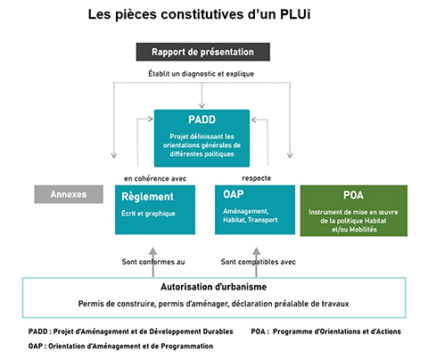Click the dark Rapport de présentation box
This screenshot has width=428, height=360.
coord(203,52)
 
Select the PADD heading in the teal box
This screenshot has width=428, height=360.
coord(202,119)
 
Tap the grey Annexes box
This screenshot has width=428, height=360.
coord(69,194)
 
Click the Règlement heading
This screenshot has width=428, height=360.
coord(147,197)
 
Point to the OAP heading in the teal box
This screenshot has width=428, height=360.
coord(234,194)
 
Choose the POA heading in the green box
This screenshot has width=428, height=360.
coord(353,195)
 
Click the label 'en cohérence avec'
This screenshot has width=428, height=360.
coord(155,178)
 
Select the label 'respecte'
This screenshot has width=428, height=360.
coord(256,178)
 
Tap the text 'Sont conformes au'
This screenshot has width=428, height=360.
coord(153,262)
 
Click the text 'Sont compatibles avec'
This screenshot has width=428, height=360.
coord(258,262)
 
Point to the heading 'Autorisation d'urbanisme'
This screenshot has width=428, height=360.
coord(214,287)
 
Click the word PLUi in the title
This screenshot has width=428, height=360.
coord(295,14)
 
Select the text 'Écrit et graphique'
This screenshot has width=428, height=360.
coord(148,214)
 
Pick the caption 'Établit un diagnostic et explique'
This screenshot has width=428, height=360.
coord(202,74)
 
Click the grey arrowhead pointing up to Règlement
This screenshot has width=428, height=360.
coord(152,252)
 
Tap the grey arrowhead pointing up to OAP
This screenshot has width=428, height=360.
coord(257,251)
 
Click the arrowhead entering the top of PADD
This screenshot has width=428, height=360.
coord(202,105)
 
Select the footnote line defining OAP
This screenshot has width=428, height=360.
coord(120,346)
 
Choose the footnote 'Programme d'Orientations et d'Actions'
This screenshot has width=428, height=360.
coord(337,331)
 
